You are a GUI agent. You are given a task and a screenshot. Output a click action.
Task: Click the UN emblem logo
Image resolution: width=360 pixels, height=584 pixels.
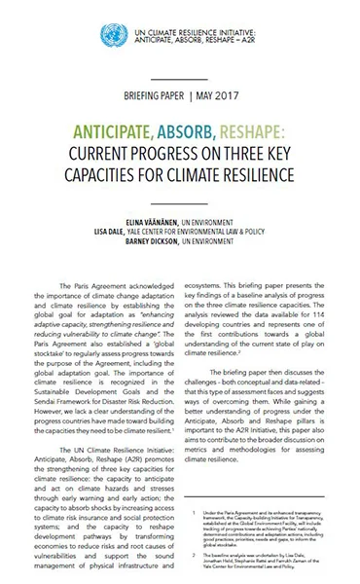tap(110, 36)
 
